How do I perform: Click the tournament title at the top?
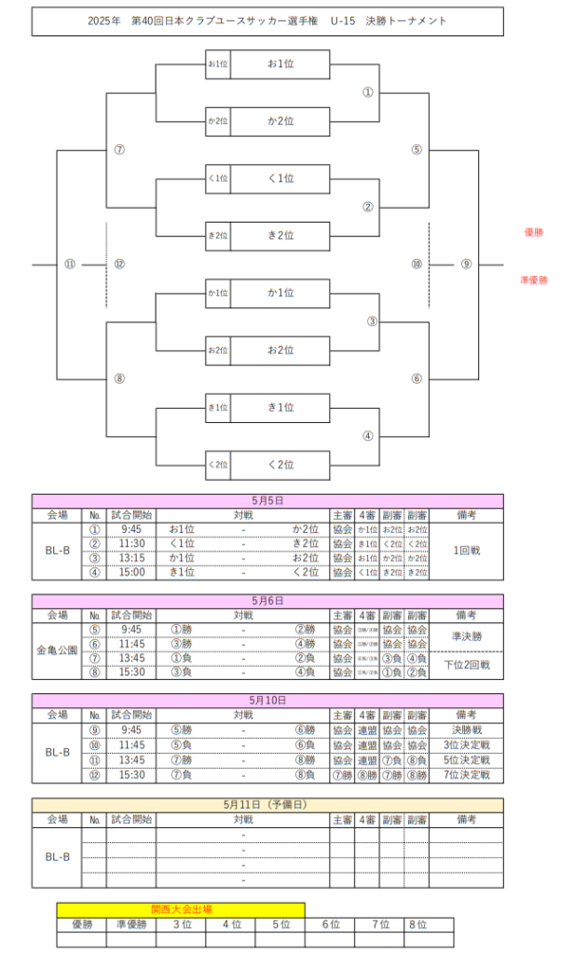point(267,20)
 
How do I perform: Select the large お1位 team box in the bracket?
point(280,64)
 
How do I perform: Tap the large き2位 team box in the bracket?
point(280,236)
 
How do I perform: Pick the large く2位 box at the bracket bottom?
point(280,465)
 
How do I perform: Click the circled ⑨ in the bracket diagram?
point(466,265)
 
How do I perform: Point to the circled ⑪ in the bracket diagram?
point(69,265)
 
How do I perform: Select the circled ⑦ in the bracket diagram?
point(119,150)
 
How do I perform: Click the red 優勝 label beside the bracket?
point(534,231)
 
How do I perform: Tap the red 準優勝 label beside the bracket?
point(534,279)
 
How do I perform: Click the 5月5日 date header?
point(267,500)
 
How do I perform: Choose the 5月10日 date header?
point(267,700)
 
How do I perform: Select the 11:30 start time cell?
point(131,543)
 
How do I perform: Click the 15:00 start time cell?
point(131,572)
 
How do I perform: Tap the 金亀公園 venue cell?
point(58,650)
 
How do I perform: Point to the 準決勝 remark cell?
point(466,636)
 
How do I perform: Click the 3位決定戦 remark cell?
point(466,745)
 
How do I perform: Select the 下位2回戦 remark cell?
point(466,664)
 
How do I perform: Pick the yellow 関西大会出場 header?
point(181,908)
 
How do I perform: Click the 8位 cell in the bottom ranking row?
point(417,924)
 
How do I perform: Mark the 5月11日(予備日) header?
point(267,804)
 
